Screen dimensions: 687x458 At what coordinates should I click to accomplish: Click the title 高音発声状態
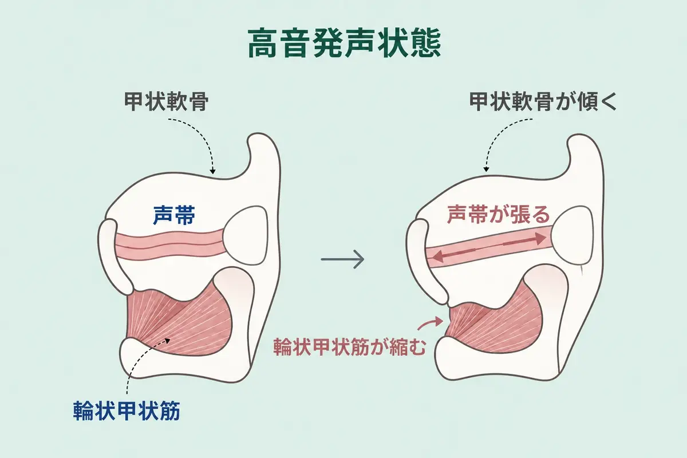pos(344,44)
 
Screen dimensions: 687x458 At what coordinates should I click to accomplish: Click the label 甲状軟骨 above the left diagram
pos(166,101)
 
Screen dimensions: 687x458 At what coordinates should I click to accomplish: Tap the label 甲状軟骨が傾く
pos(543,101)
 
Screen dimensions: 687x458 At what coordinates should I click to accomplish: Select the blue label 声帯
pos(174,215)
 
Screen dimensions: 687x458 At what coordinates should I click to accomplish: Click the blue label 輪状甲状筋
pos(127,410)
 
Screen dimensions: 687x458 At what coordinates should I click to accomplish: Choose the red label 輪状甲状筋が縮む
pos(350,346)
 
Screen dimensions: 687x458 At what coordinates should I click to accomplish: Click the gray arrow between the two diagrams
pos(342,259)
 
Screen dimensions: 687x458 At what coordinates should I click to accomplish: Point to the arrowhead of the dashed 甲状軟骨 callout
pos(212,172)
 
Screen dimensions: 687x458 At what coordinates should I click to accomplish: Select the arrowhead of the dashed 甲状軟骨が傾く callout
pos(486,169)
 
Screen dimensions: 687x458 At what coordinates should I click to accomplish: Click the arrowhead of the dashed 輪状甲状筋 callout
pos(167,339)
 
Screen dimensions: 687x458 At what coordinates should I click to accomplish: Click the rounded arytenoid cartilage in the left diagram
pos(246,236)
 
